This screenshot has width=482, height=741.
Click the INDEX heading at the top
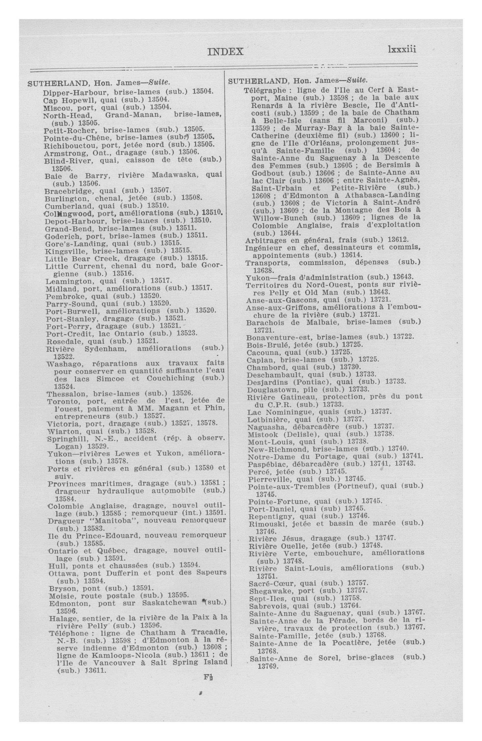tap(225, 51)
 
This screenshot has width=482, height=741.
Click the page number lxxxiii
tap(402, 50)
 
